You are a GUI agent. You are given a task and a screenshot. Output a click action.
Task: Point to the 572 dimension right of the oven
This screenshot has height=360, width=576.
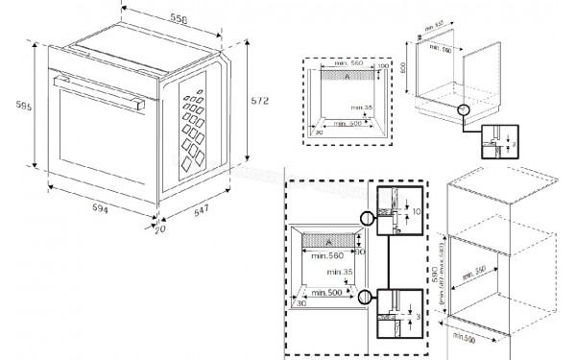coord(258,100)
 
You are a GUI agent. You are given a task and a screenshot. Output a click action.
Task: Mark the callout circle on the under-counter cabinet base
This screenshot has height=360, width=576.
coord(466,112)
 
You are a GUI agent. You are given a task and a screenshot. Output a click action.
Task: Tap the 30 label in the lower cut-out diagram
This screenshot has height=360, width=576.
coord(300,301)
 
